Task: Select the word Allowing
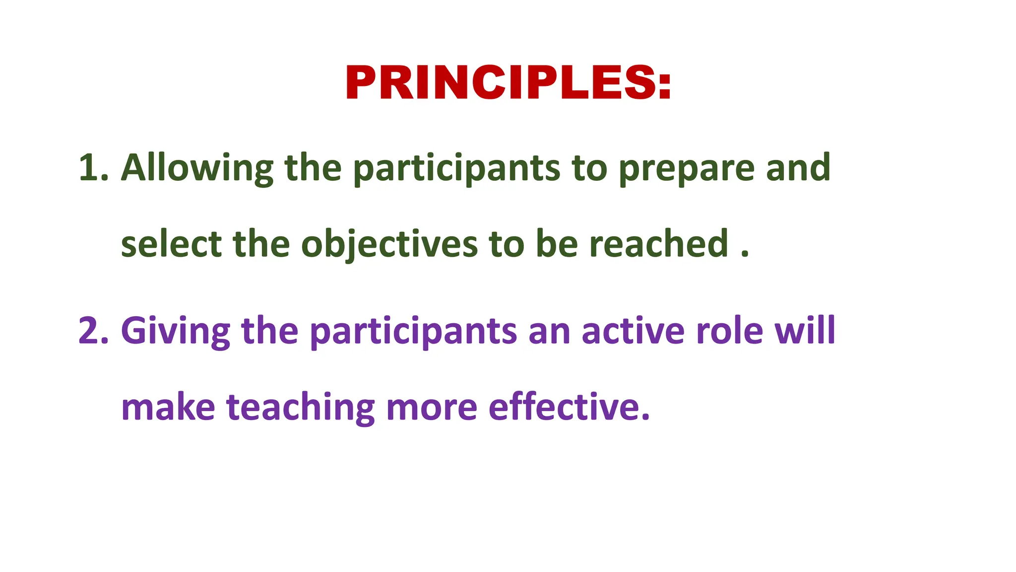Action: click(197, 168)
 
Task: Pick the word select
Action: click(171, 244)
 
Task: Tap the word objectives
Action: click(389, 244)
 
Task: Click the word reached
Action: click(659, 244)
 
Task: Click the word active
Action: click(633, 331)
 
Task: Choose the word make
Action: click(168, 408)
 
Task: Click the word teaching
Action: click(301, 408)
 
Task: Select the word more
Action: click(432, 408)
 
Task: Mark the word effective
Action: click(568, 408)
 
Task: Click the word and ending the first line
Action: click(798, 168)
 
